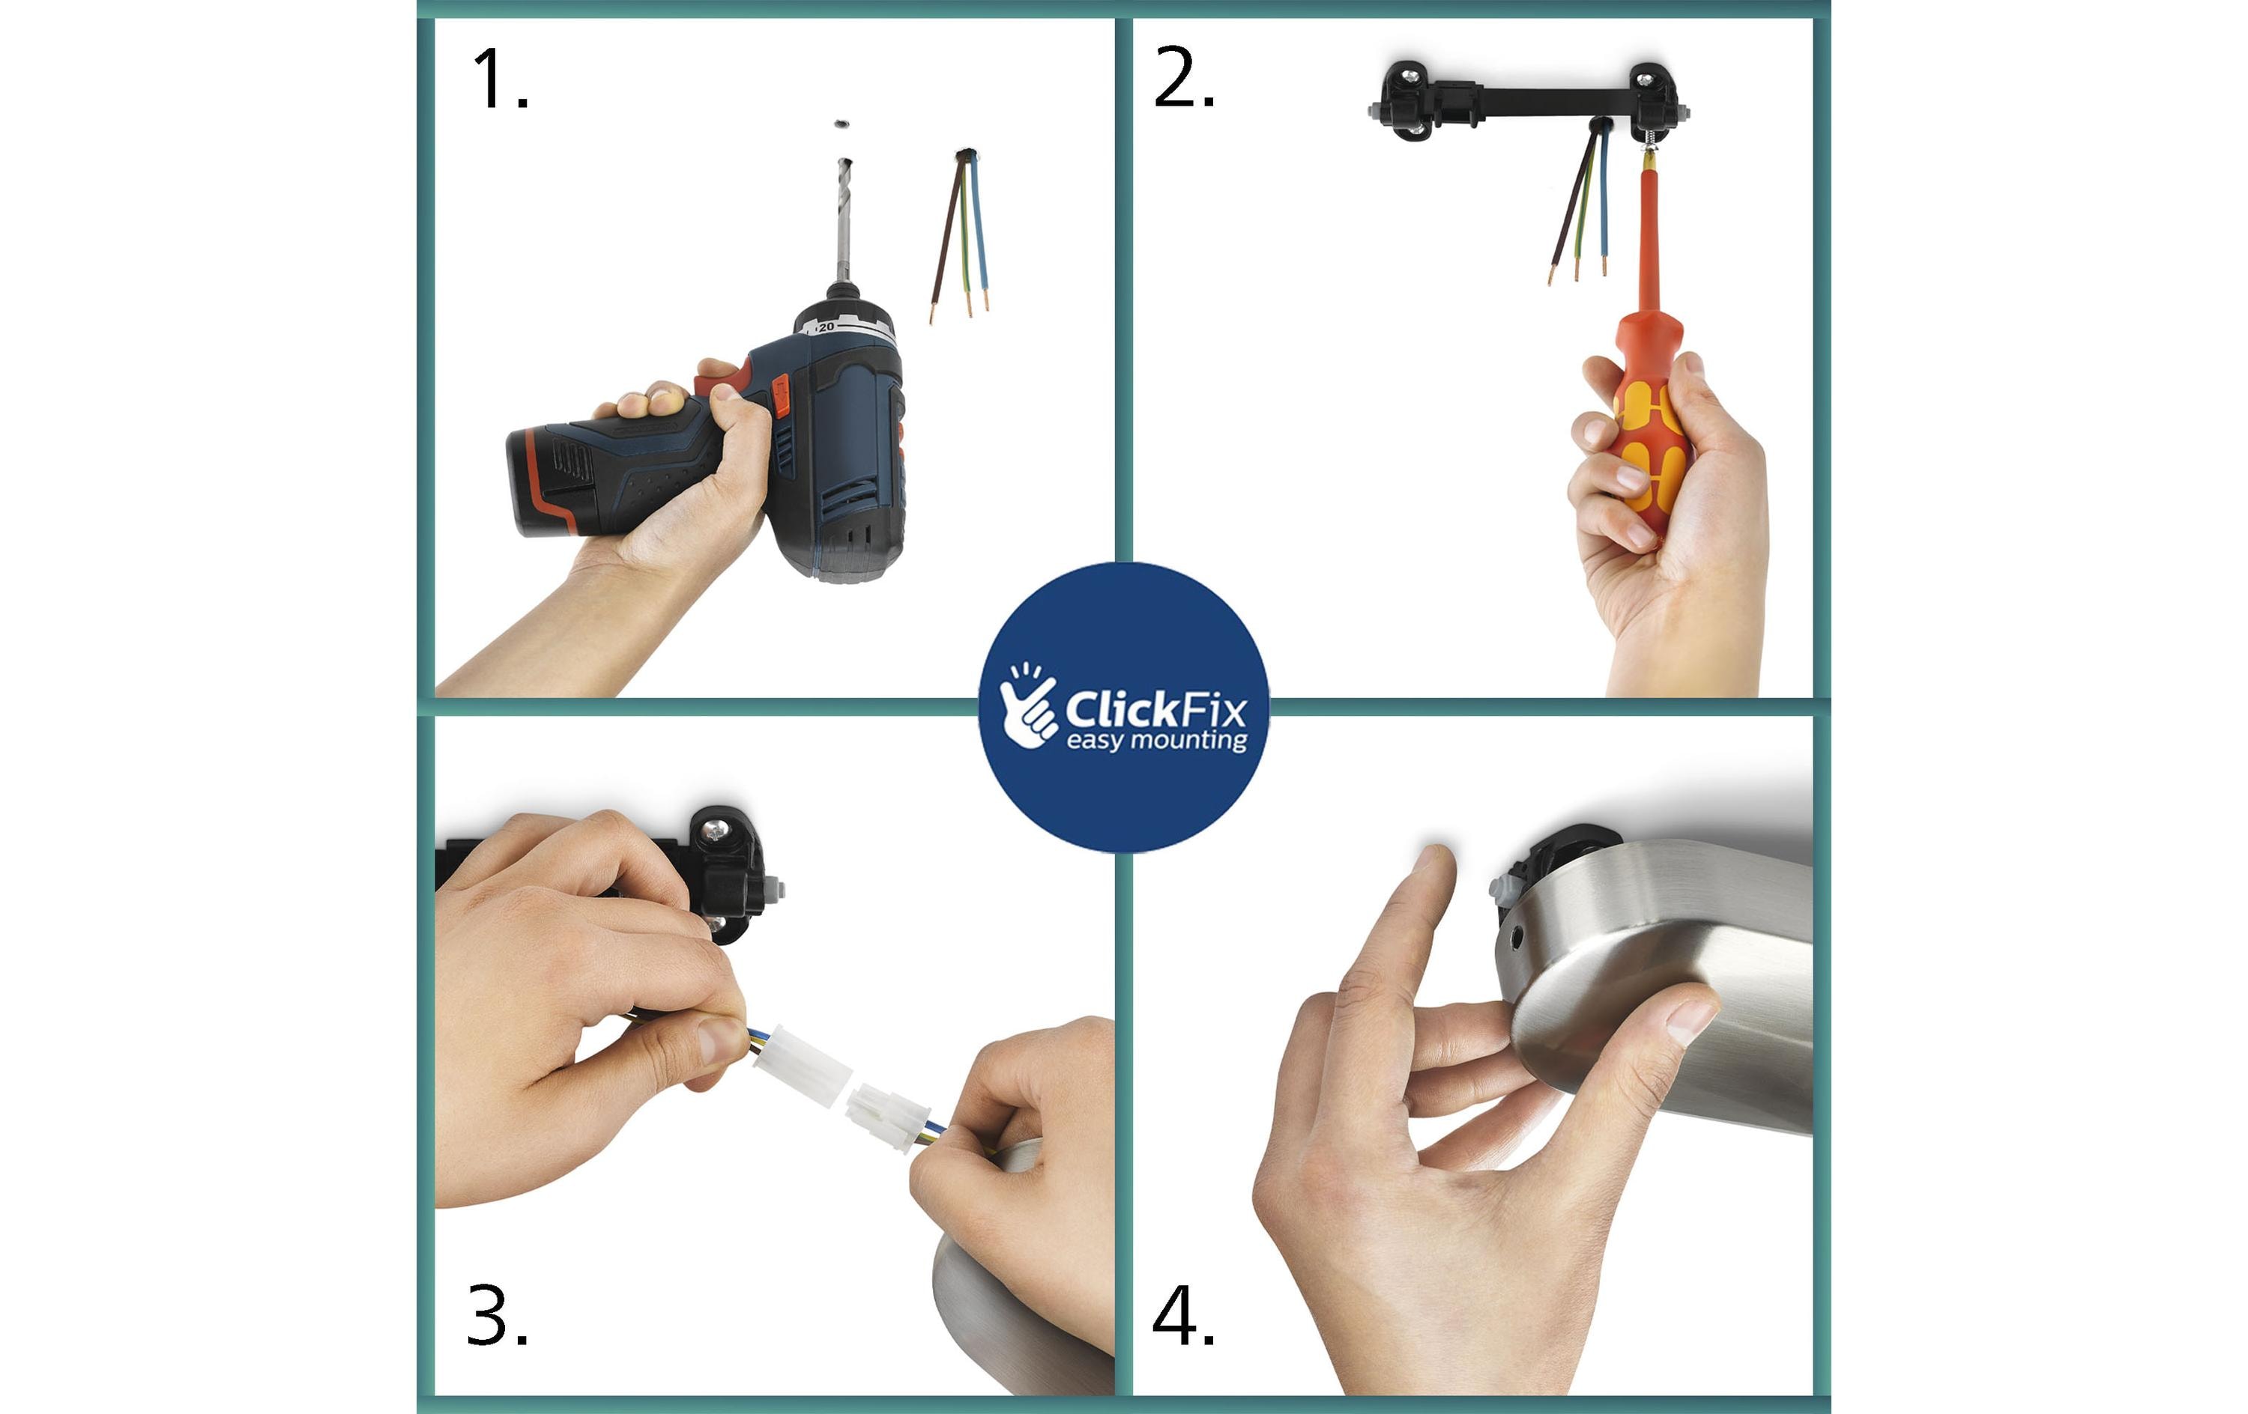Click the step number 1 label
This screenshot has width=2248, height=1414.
[x=501, y=80]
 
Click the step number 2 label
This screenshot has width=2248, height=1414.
[x=1184, y=79]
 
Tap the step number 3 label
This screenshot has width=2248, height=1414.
[x=498, y=1317]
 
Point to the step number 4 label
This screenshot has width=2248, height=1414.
[x=1184, y=1317]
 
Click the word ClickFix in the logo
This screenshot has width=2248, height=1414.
[x=1155, y=710]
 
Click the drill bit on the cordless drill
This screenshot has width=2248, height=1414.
[x=844, y=220]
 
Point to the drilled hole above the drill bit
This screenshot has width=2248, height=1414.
[x=842, y=123]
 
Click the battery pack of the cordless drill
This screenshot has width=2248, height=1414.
[x=561, y=480]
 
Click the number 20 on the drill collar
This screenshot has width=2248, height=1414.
[x=827, y=327]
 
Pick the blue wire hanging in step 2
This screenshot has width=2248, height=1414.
[x=1604, y=196]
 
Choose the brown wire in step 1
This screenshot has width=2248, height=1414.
[x=946, y=238]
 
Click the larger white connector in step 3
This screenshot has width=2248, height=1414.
[x=801, y=1065]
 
